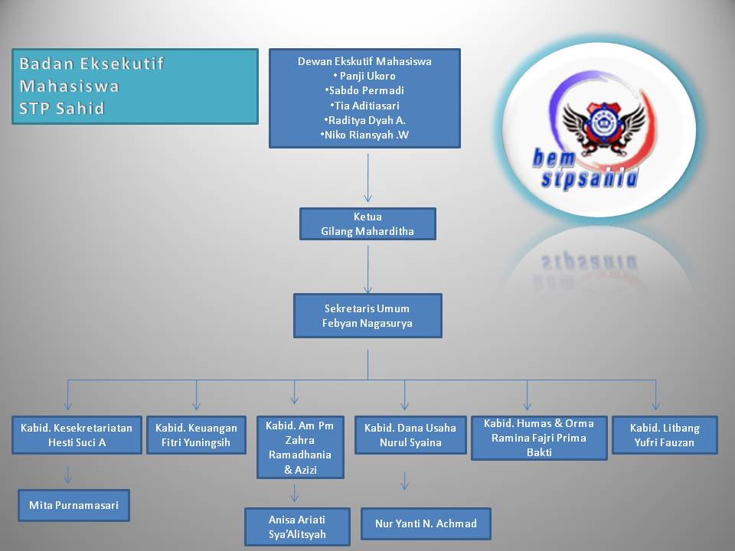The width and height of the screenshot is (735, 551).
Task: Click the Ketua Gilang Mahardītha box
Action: tap(367, 223)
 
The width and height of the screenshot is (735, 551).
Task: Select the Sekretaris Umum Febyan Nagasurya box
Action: tap(367, 315)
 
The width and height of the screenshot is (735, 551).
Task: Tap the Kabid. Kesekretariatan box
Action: tap(77, 435)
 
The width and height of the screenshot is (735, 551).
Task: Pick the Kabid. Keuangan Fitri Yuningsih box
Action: tap(197, 435)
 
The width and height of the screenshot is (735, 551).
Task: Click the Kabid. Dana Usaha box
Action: tap(410, 435)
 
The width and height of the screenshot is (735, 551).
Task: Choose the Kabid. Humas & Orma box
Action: tap(539, 437)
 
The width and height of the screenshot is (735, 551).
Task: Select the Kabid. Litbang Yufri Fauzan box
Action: tap(665, 435)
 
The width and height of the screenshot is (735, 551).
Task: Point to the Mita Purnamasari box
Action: tap(73, 505)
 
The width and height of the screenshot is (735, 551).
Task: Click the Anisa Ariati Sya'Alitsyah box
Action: tap(297, 527)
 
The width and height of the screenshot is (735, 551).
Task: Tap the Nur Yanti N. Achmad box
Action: tap(426, 523)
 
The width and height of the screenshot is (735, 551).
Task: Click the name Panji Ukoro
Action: tap(365, 76)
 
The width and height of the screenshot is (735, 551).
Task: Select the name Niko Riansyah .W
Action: tap(364, 135)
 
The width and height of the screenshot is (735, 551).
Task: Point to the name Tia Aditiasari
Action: tap(365, 106)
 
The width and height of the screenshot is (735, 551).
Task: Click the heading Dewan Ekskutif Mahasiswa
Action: tap(364, 61)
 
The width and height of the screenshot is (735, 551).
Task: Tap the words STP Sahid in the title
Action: tap(62, 108)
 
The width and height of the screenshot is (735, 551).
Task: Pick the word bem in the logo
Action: tap(553, 157)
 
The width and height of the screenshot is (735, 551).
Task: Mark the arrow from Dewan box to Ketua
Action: tap(368, 178)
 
